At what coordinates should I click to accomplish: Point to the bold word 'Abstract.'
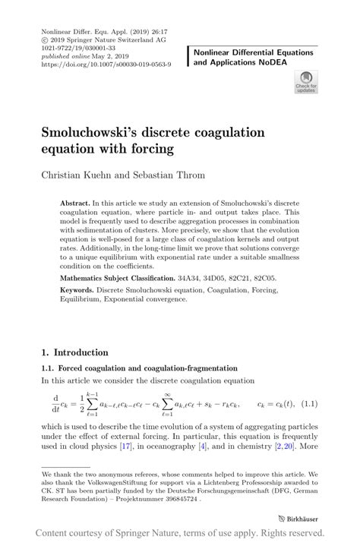tap(74, 204)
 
